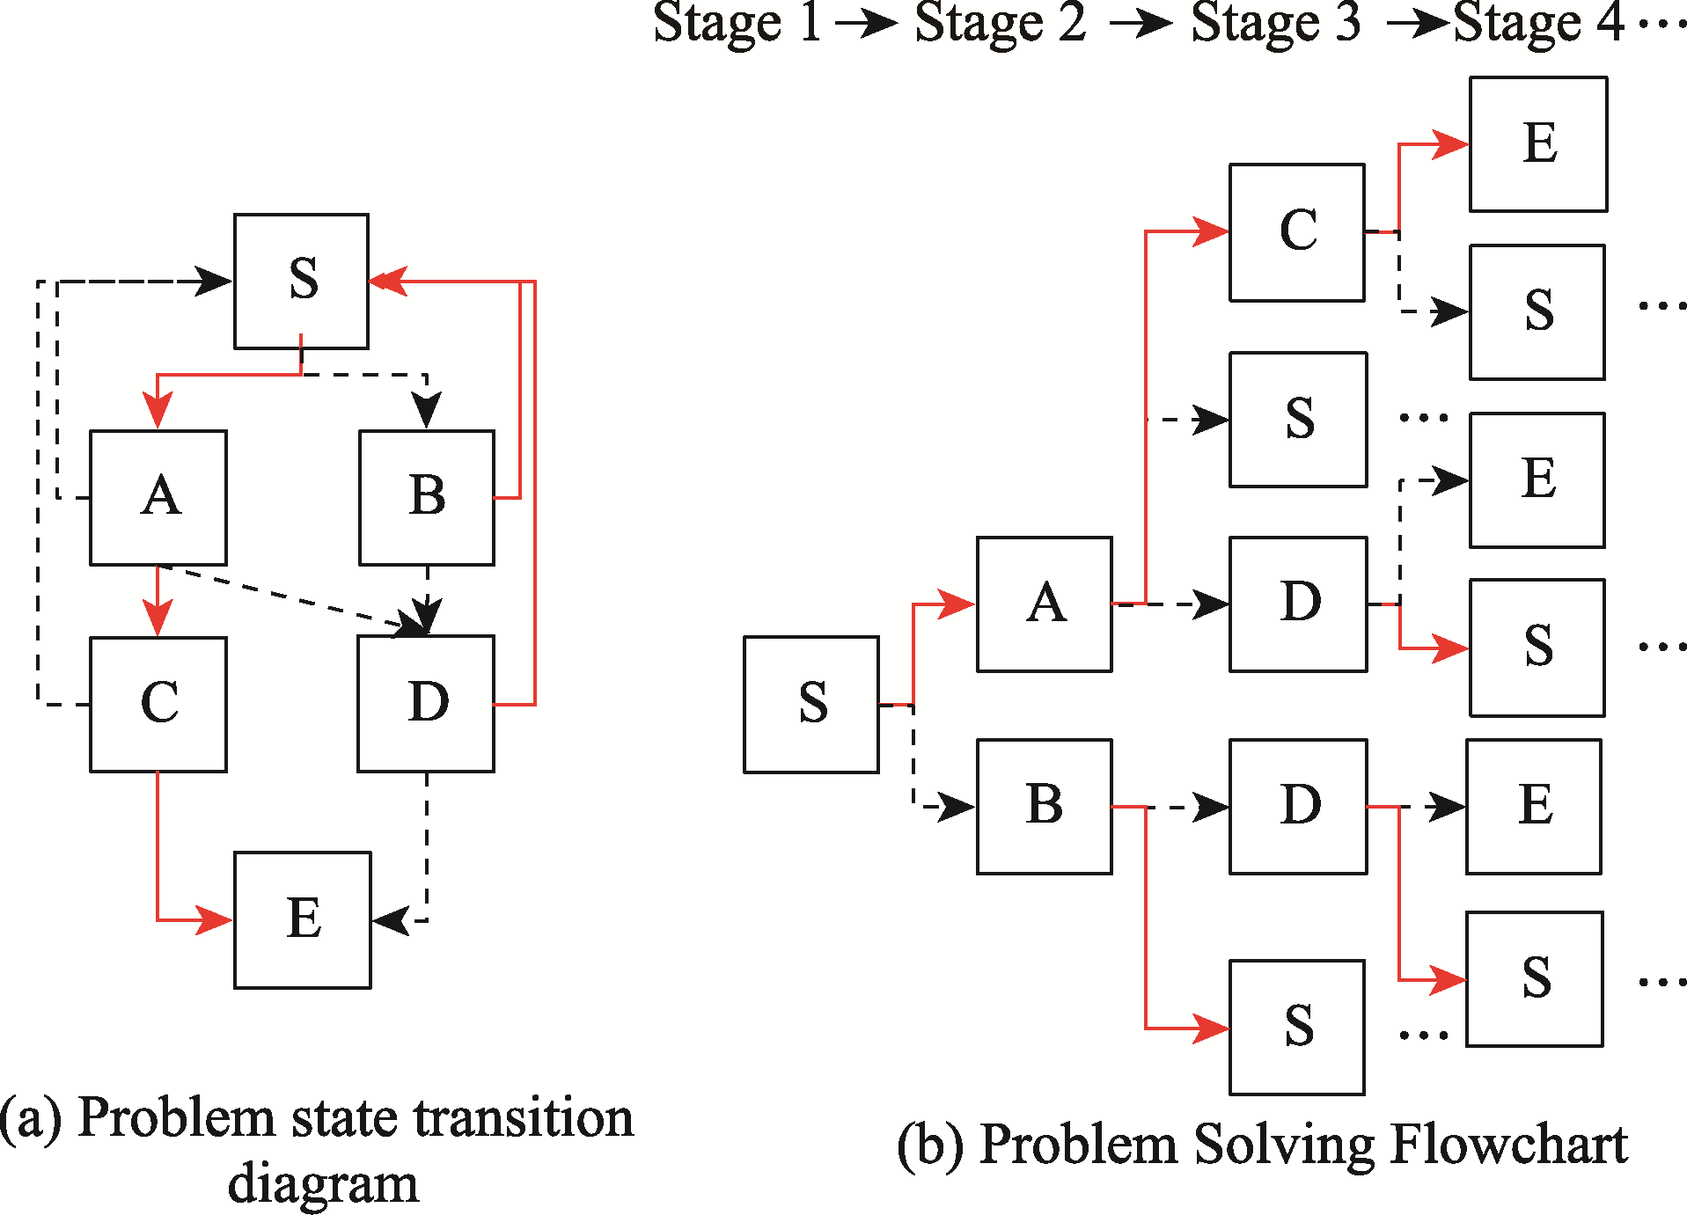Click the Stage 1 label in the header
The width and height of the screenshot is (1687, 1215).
737,23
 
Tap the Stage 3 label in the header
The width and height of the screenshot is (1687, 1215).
1275,23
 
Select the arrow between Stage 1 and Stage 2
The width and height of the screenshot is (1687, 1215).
867,24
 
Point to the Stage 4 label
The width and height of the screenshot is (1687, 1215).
1538,23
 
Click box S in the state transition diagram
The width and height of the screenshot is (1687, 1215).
301,281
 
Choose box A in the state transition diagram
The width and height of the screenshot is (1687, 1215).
158,497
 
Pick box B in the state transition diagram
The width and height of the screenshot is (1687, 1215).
427,497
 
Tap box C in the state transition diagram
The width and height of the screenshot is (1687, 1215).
158,704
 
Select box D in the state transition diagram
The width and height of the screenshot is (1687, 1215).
426,704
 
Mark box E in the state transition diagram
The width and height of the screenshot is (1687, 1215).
302,919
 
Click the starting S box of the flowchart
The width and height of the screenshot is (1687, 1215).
811,704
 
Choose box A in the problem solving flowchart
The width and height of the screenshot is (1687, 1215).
1045,604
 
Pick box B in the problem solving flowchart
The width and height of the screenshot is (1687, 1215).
1045,806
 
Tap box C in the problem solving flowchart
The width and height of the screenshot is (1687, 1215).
1297,232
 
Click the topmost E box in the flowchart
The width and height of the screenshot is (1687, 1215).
1538,144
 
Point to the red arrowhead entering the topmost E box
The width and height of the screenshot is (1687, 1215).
1450,144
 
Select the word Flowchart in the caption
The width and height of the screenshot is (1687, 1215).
1509,1145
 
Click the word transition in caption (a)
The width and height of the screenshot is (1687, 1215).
524,1118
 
